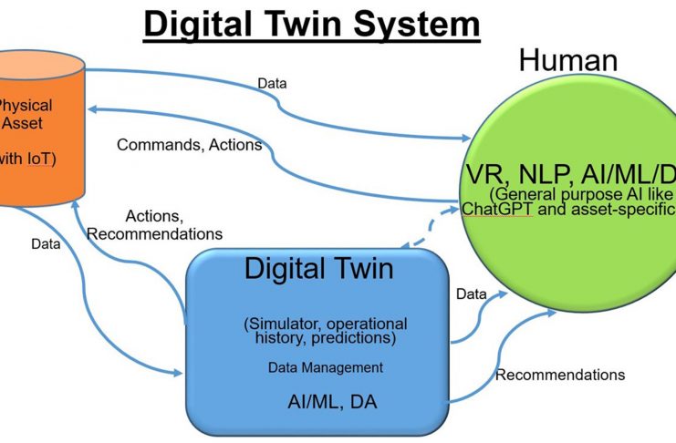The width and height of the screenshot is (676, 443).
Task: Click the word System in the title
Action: point(402,24)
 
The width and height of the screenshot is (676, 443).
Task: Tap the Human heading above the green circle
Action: point(567,61)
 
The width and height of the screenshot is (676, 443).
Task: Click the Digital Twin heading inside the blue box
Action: point(318,269)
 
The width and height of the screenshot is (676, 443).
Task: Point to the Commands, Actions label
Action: point(189,144)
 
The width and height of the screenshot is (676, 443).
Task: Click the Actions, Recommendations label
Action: point(154,225)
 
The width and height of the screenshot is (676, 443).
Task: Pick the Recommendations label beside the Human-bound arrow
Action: point(559,375)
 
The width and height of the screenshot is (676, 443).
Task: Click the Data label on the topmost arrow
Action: point(272,84)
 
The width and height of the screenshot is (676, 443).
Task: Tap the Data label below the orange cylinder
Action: point(46,244)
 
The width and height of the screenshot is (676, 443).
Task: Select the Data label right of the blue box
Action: point(471,295)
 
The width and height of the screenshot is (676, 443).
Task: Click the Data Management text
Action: point(325,367)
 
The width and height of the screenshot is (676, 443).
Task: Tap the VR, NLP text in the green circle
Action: point(523,175)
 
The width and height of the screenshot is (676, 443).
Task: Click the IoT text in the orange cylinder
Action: point(39,158)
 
